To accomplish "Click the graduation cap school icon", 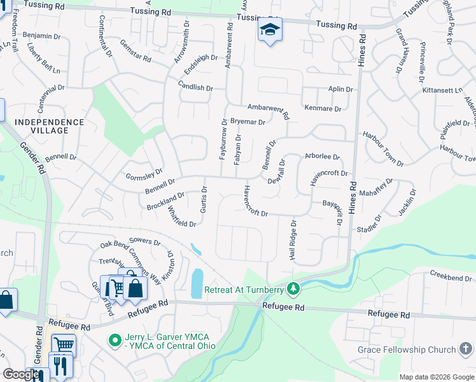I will tap(270, 30).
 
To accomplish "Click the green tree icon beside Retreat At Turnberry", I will tap(293, 290).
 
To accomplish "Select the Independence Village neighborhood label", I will tap(49, 126).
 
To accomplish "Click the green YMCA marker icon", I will tap(115, 341).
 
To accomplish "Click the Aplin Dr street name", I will tap(340, 90).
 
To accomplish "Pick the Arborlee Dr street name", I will tap(323, 156).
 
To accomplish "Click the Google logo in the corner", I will tap(20, 375).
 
